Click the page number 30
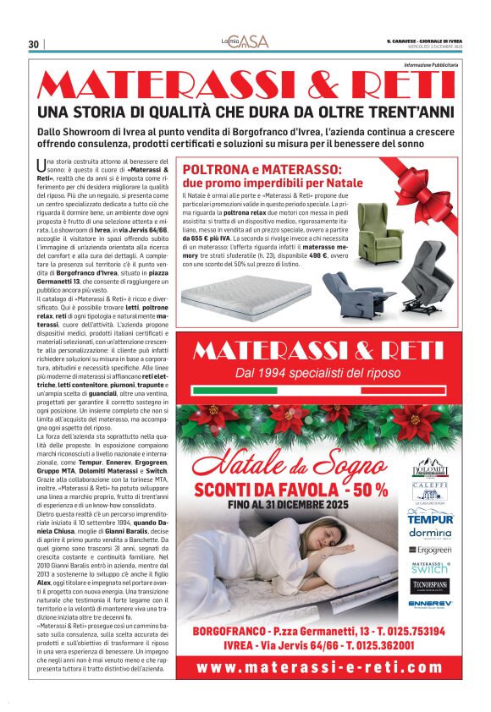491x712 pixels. [33, 44]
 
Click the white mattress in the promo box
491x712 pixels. [246, 295]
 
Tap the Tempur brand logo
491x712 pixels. [431, 518]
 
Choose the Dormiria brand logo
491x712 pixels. [431, 533]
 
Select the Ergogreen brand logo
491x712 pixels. [431, 550]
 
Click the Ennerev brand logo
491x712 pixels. [431, 604]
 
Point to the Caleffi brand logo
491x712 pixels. [431, 491]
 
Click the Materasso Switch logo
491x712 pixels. [431, 567]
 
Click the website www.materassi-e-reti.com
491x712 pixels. [329, 667]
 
